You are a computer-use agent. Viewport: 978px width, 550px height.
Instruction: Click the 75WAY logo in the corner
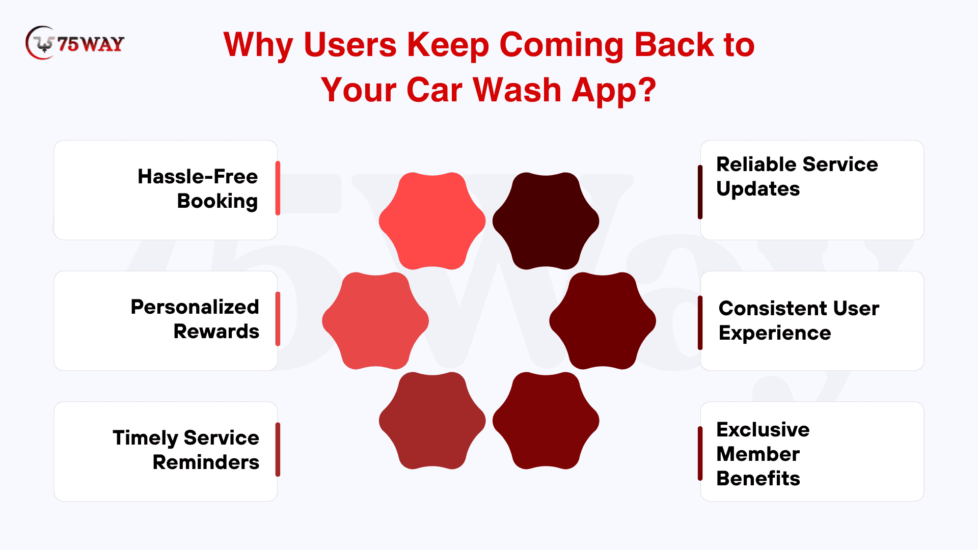[75, 43]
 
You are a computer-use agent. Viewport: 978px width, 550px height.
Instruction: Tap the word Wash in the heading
[517, 90]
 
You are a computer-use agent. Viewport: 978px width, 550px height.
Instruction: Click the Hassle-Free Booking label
[198, 189]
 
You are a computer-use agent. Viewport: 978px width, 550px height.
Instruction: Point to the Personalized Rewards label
[195, 319]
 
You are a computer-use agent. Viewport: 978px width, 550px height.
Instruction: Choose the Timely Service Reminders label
[186, 450]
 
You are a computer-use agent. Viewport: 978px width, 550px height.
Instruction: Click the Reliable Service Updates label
[797, 177]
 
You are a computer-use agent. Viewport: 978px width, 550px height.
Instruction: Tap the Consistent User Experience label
[799, 321]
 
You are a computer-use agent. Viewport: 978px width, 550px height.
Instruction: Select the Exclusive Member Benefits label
[763, 454]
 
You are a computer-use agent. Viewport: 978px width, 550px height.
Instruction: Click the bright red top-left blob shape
[432, 221]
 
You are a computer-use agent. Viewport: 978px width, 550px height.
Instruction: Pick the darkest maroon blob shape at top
[546, 221]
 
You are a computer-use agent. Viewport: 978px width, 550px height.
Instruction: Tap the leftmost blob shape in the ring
[375, 321]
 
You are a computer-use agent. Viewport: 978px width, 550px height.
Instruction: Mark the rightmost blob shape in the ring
[603, 321]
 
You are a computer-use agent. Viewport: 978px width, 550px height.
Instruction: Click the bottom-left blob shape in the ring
[432, 421]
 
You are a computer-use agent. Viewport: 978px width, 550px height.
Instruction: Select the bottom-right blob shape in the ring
[546, 421]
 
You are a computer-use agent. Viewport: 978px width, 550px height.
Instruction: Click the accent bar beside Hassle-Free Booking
[278, 188]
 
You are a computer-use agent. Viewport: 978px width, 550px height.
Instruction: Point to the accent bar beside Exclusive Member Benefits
[700, 454]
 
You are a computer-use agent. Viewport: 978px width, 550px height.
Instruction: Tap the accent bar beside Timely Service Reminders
[278, 450]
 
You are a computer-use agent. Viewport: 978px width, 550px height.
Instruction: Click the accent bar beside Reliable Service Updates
[700, 192]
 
